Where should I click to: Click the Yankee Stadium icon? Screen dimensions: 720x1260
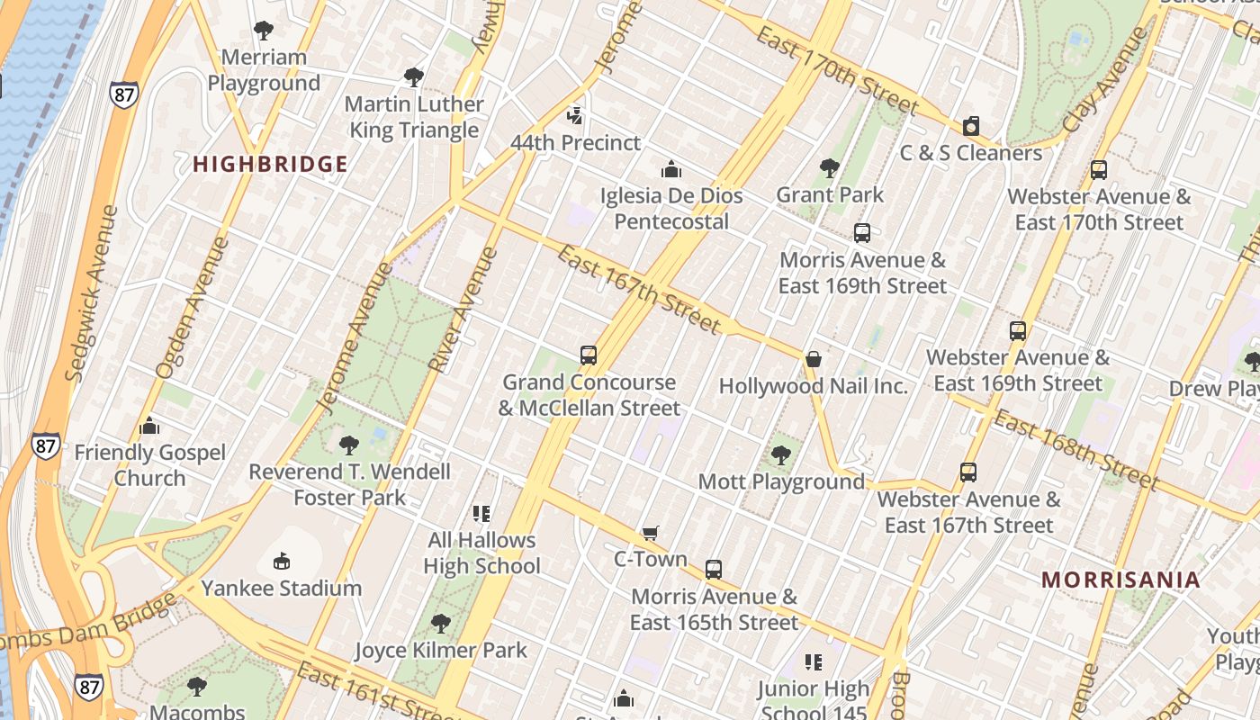pyautogui.click(x=282, y=562)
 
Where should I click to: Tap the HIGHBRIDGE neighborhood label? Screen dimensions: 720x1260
pyautogui.click(x=270, y=164)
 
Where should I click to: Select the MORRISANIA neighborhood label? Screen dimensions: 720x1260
pyautogui.click(x=1120, y=580)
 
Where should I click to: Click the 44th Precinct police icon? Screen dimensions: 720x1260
pyautogui.click(x=575, y=116)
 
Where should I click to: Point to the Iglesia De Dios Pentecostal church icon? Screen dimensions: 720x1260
pyautogui.click(x=670, y=169)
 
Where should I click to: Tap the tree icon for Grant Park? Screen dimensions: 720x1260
pyautogui.click(x=830, y=168)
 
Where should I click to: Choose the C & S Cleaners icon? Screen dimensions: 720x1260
pyautogui.click(x=971, y=127)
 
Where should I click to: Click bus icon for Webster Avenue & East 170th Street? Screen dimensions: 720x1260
pyautogui.click(x=1098, y=170)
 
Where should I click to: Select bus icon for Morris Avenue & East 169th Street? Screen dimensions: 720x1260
pyautogui.click(x=862, y=233)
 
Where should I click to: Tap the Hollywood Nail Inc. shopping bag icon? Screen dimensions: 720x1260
pyautogui.click(x=814, y=359)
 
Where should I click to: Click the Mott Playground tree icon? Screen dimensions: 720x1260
pyautogui.click(x=781, y=455)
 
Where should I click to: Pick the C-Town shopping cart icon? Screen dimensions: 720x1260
pyautogui.click(x=651, y=534)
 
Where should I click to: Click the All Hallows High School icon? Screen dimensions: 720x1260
pyautogui.click(x=481, y=514)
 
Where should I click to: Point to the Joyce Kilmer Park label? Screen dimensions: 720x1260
pyautogui.click(x=440, y=650)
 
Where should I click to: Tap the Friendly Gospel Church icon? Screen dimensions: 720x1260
pyautogui.click(x=149, y=426)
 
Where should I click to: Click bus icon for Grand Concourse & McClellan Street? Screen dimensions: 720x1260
pyautogui.click(x=589, y=355)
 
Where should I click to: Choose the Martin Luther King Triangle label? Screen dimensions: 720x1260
pyautogui.click(x=414, y=117)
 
